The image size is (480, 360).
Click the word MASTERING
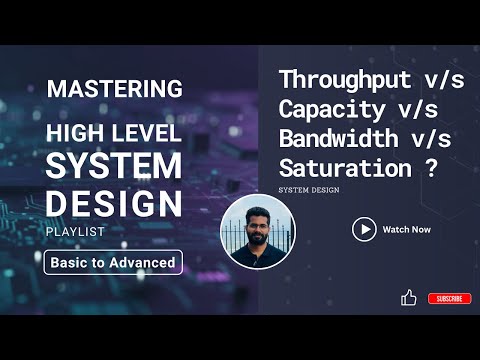coord(114,89)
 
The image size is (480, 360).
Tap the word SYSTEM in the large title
coord(114,167)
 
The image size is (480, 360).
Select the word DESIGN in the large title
coord(114,204)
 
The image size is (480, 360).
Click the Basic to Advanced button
coord(114,263)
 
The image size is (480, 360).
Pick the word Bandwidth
coord(330,137)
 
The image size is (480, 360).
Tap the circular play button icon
coord(364,229)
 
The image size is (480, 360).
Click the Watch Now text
coord(407,229)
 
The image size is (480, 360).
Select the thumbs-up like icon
coord(408,297)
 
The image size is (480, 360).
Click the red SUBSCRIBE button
coord(449,298)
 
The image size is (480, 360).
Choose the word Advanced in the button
coord(148,263)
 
